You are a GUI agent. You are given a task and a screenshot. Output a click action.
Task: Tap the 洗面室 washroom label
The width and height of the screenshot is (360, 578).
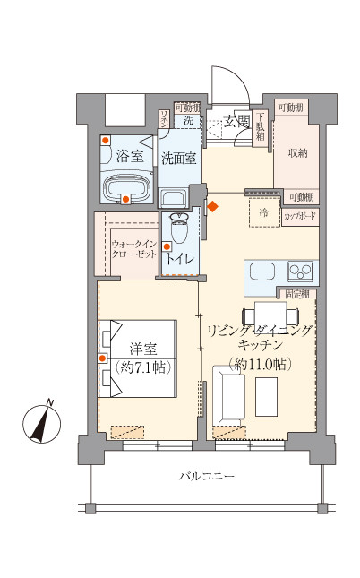tap(179, 158)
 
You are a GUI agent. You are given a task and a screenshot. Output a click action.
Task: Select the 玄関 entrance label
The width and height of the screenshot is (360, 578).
tap(236, 121)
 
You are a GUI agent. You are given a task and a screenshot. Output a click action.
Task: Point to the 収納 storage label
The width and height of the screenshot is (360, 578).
tap(297, 153)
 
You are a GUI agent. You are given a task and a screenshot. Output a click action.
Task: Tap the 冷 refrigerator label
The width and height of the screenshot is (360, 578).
tap(263, 213)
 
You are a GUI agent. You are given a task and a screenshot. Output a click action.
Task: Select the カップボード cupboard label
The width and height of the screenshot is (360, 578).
tap(300, 216)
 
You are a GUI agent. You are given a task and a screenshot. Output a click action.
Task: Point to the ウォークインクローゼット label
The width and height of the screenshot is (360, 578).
tap(135, 248)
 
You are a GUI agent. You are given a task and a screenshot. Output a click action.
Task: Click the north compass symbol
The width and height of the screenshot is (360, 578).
tap(39, 422)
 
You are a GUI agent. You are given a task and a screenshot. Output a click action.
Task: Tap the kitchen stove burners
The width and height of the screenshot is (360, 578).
tap(300, 270)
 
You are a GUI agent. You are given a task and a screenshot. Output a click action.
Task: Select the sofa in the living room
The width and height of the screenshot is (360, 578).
tap(227, 394)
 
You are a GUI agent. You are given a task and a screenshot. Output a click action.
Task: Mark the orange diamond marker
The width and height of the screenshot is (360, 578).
tap(212, 207)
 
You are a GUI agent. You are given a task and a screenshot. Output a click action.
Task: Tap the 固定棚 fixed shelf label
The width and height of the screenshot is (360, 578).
tap(298, 293)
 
